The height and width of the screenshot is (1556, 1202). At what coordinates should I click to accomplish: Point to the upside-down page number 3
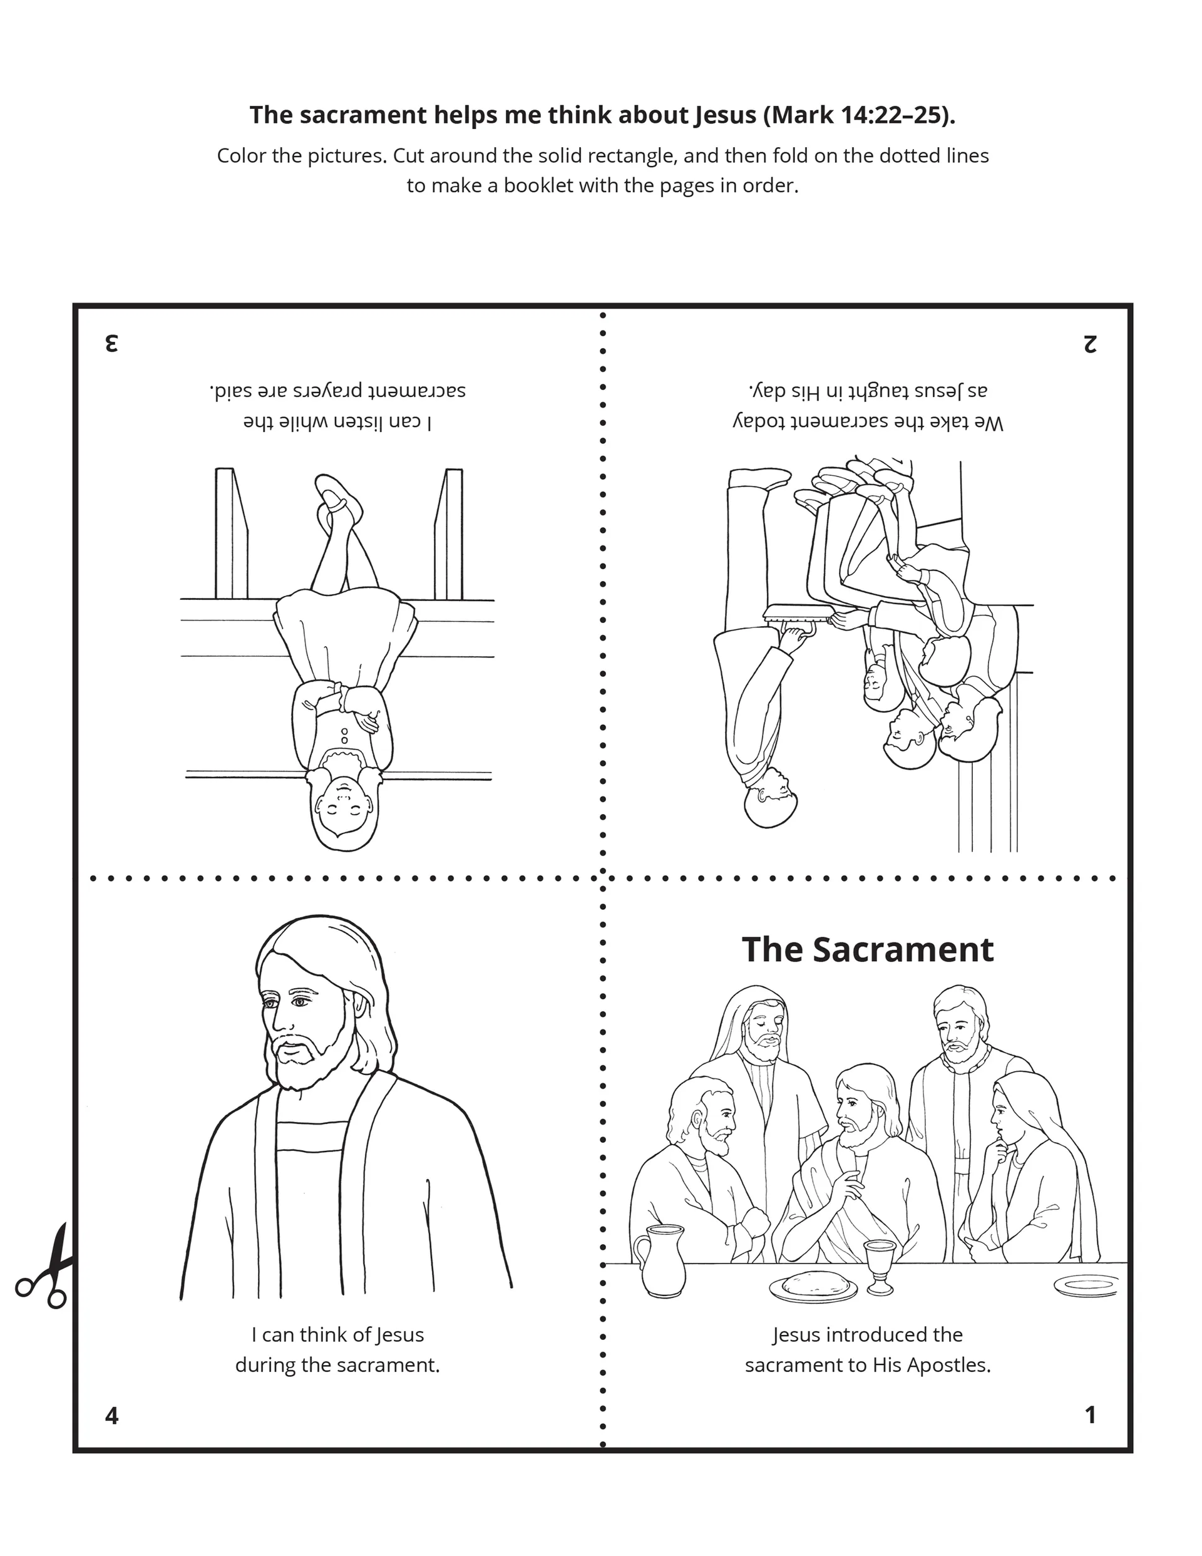pos(111,343)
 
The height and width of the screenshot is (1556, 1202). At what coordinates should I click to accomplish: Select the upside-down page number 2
pos(1089,343)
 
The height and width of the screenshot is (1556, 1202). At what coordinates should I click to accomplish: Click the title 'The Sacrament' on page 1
pos(867,950)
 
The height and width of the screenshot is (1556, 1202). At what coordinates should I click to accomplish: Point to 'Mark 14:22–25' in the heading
pos(858,115)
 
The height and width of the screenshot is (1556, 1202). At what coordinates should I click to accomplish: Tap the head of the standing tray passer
pos(771,800)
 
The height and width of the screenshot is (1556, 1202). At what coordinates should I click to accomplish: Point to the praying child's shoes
pos(335,498)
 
